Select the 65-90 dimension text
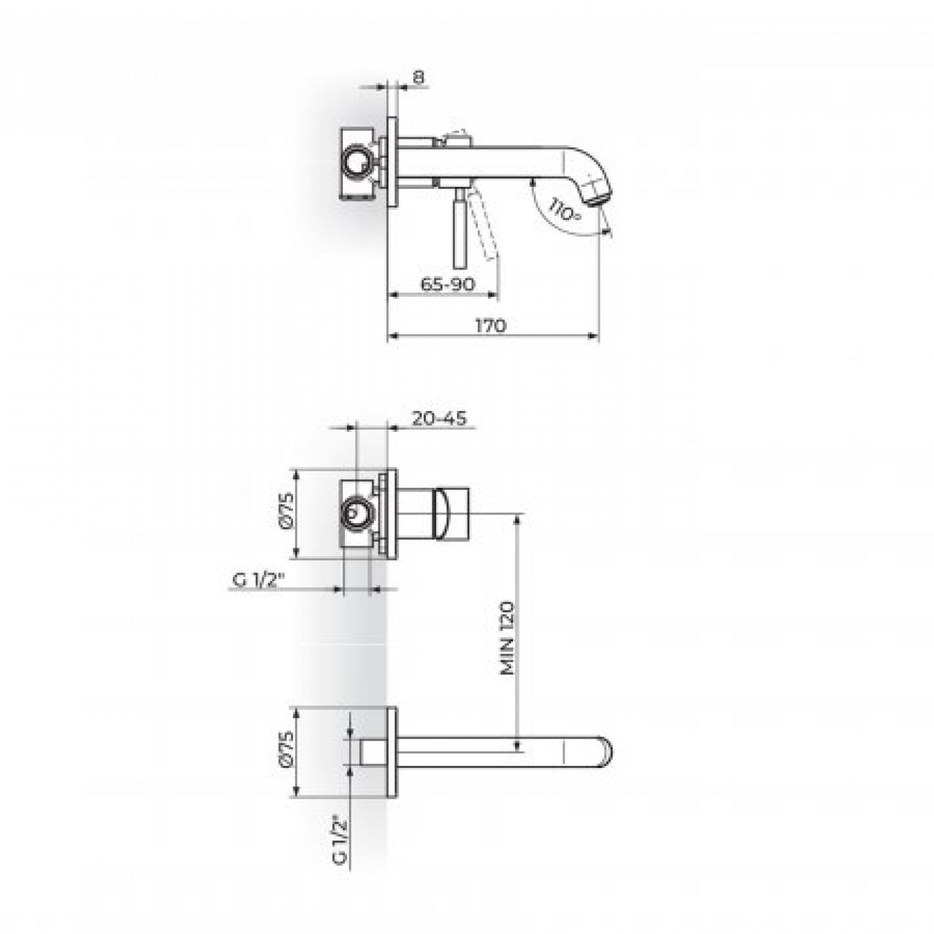(448, 284)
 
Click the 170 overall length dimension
(490, 325)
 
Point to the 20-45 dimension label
(439, 418)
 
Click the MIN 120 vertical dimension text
(507, 638)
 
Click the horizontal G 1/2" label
(257, 581)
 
